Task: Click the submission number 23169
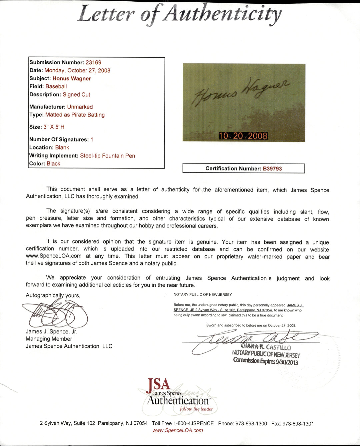click(x=93, y=62)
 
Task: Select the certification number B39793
click(x=272, y=169)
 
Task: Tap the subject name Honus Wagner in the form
click(x=72, y=79)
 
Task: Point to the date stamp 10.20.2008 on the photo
click(x=243, y=136)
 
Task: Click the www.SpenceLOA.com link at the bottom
click(x=178, y=430)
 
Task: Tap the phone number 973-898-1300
click(x=251, y=424)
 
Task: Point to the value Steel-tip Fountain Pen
click(x=107, y=156)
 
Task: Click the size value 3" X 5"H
click(x=54, y=127)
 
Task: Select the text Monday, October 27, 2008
click(x=77, y=70)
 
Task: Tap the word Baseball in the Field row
click(x=56, y=87)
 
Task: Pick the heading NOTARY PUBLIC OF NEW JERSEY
click(x=203, y=295)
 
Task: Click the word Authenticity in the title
click(x=221, y=14)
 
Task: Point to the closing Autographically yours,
click(x=53, y=295)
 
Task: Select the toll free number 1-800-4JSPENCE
click(x=193, y=424)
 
